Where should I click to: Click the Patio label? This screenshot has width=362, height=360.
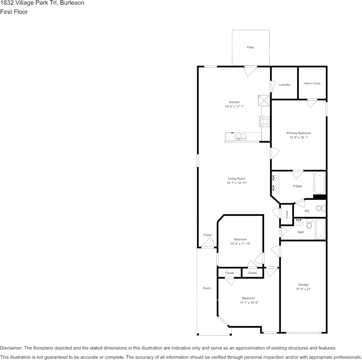(x=250, y=47)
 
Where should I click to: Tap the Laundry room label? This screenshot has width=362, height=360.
(x=284, y=84)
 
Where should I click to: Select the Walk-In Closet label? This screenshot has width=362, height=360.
(x=312, y=83)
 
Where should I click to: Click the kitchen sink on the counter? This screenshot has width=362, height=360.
(x=241, y=137)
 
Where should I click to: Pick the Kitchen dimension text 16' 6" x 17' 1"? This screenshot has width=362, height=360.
(x=234, y=107)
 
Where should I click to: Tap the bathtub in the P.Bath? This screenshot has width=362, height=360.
(x=319, y=183)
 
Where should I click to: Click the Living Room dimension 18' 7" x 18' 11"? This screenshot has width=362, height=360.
(x=236, y=183)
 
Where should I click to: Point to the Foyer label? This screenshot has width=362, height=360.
(x=207, y=235)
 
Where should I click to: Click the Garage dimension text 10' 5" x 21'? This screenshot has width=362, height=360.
(x=303, y=289)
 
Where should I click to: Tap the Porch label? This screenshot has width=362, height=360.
(x=207, y=288)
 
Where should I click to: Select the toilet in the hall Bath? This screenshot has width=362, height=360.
(x=309, y=224)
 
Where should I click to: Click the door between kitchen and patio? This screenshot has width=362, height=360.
(x=251, y=70)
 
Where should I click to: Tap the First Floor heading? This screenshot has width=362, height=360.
(x=14, y=12)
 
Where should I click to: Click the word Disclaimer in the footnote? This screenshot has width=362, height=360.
(x=11, y=348)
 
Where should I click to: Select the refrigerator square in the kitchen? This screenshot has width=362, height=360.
(x=264, y=100)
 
